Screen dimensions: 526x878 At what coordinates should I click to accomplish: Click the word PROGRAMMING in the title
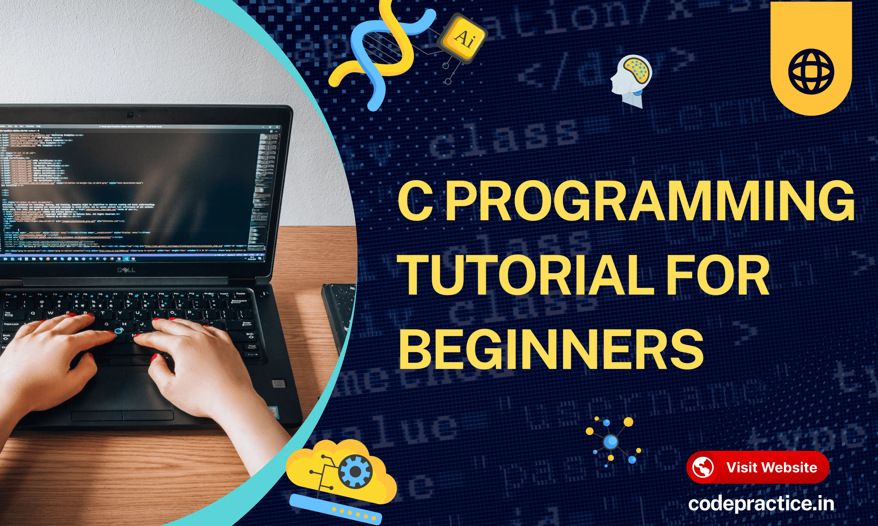[x=649, y=201]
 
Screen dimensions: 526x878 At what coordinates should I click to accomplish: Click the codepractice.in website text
[x=761, y=504]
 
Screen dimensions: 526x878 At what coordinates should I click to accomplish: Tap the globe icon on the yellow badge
[x=811, y=72]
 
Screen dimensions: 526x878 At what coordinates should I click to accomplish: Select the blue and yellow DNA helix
[x=381, y=53]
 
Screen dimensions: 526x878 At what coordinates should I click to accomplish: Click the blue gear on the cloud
[x=355, y=472]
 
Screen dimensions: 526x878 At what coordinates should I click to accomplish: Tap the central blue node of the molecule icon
[x=611, y=442]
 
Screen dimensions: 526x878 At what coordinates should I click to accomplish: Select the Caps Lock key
[x=12, y=324]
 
